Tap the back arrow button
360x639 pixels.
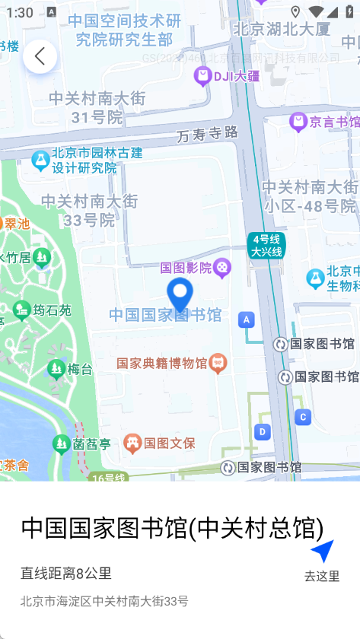click(40, 56)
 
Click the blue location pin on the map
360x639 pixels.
click(180, 294)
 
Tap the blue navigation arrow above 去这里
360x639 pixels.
click(322, 551)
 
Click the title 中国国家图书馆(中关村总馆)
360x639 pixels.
click(172, 527)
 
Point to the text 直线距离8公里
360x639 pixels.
click(66, 574)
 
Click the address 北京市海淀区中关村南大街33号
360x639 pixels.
click(104, 601)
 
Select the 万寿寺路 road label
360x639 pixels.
click(207, 134)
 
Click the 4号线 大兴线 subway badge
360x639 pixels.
click(266, 246)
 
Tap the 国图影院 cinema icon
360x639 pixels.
click(221, 266)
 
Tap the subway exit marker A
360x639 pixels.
click(245, 319)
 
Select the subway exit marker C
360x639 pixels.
click(304, 417)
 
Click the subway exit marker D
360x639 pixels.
click(263, 432)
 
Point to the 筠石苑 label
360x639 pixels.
click(52, 310)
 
